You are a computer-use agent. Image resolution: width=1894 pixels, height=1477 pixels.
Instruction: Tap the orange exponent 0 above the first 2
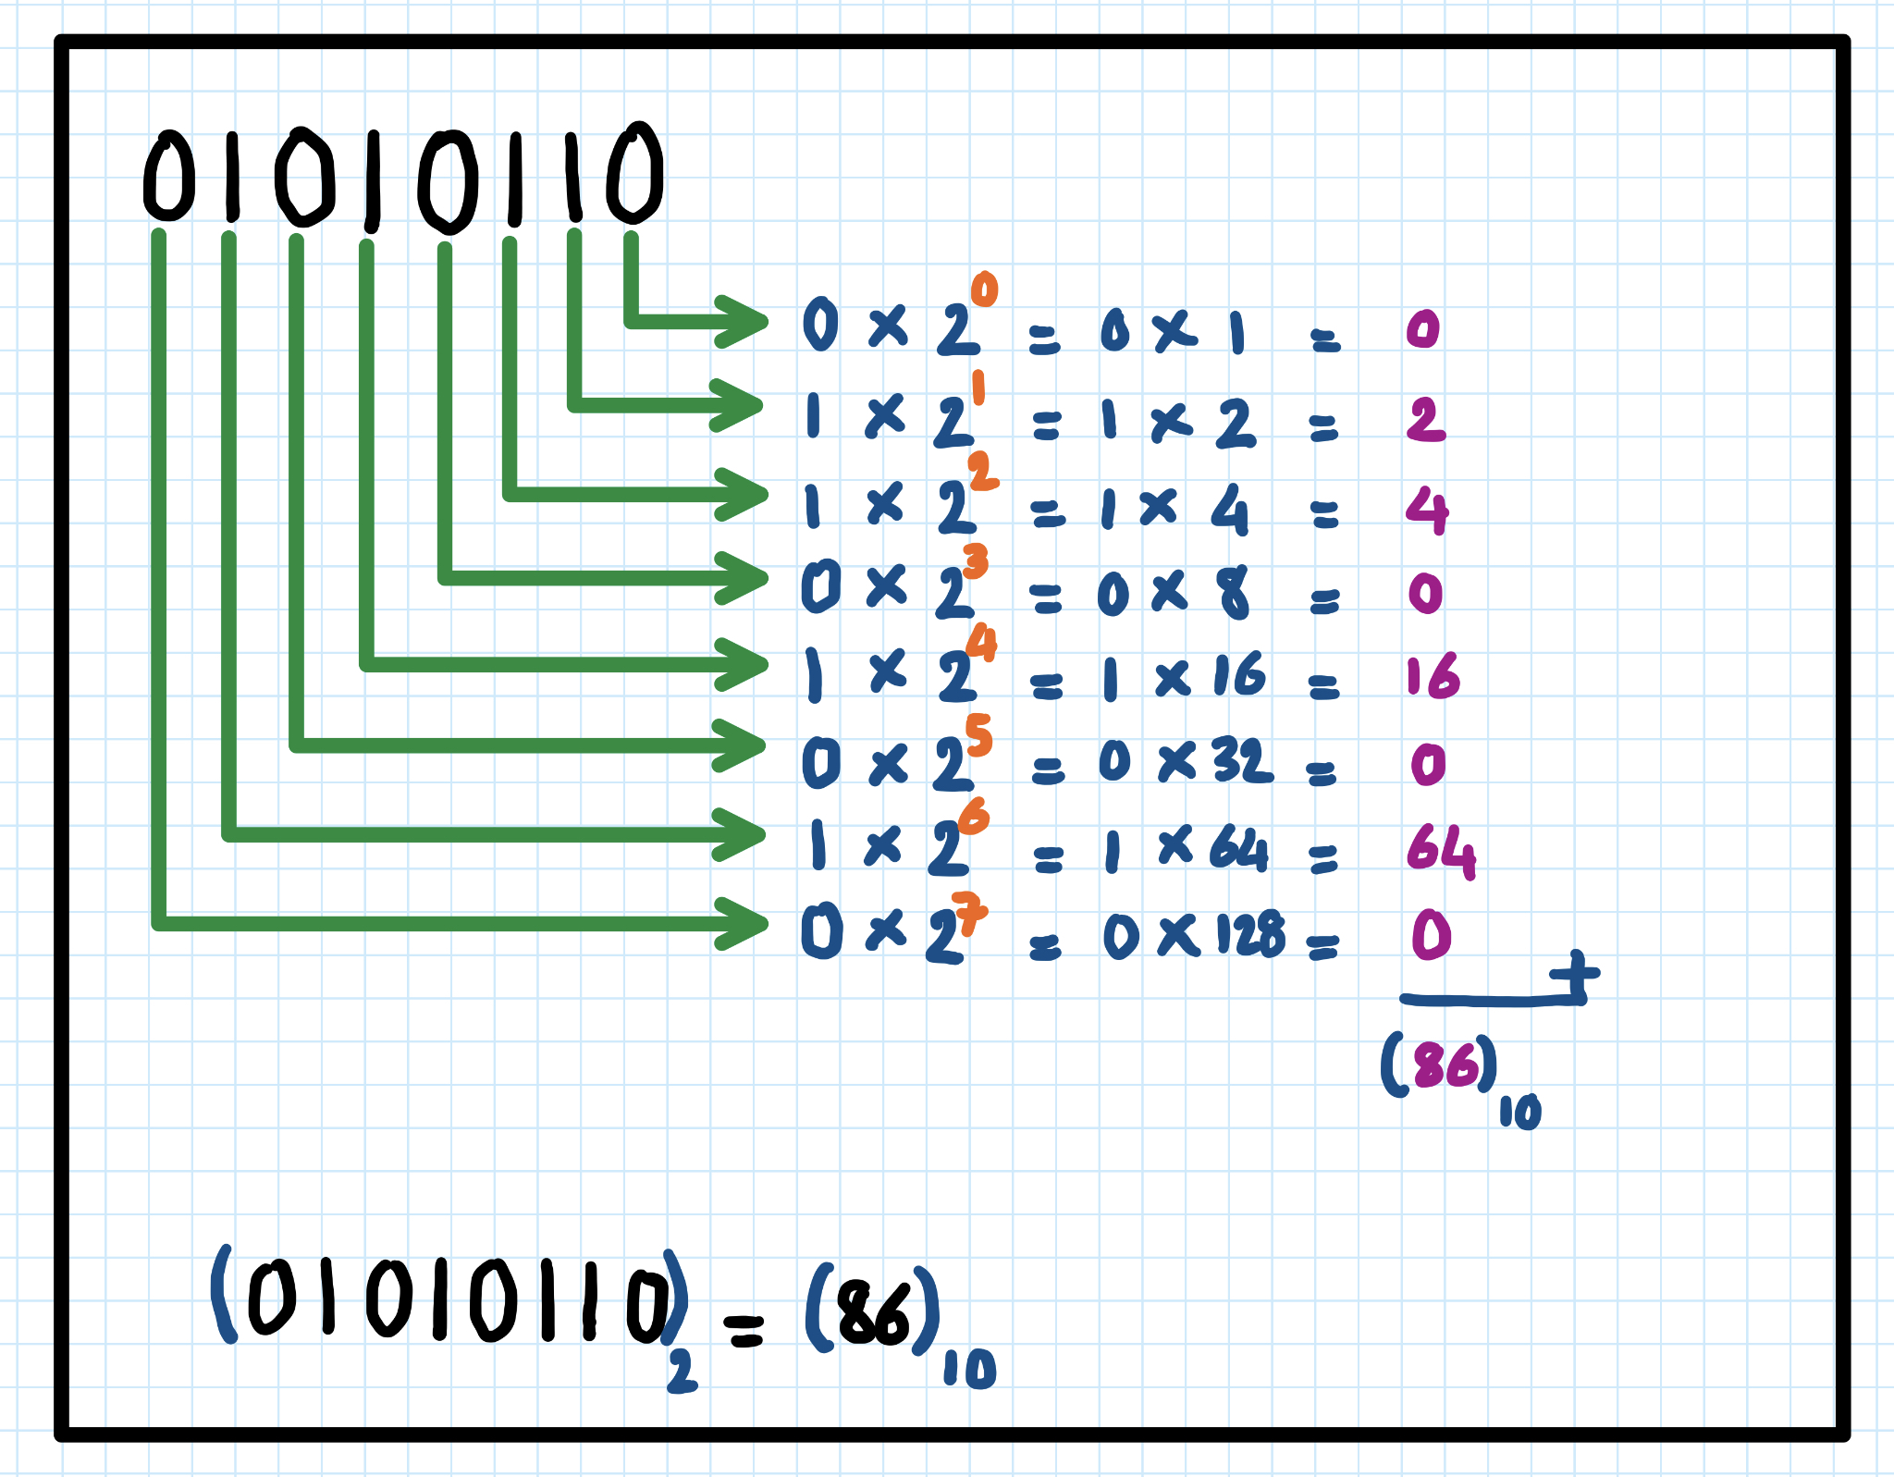pos(984,289)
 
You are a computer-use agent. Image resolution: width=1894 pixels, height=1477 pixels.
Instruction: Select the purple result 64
pos(1440,849)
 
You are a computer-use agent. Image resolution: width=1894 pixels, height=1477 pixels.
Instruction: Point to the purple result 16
pos(1432,676)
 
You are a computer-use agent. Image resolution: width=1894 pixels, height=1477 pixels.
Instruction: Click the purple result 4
pos(1427,510)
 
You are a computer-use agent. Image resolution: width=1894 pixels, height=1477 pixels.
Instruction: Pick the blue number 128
pos(1250,934)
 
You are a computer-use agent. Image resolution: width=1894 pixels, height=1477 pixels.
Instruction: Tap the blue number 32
pos(1242,762)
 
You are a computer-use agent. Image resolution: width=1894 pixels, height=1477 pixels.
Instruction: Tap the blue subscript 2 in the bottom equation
pos(682,1371)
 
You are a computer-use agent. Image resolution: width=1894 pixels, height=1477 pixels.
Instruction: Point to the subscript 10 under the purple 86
pos(1519,1112)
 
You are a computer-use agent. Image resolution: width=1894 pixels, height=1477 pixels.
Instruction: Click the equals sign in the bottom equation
pos(744,1331)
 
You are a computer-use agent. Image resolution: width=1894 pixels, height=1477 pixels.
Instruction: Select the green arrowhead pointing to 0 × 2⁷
pos(744,922)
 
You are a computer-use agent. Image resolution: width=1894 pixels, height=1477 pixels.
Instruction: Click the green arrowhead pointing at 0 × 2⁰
pos(744,321)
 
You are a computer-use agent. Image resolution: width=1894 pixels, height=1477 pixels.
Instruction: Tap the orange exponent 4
pos(981,643)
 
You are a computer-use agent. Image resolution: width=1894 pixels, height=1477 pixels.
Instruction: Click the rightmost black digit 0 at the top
pos(635,173)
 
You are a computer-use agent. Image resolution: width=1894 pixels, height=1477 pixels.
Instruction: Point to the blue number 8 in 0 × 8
pos(1235,592)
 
